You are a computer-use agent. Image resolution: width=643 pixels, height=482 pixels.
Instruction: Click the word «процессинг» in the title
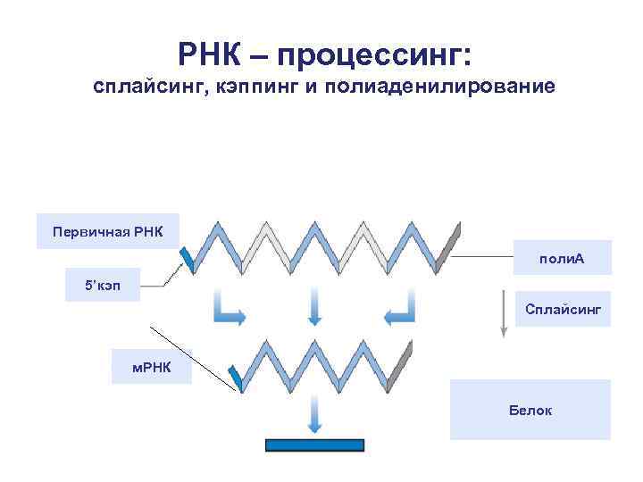pos(373,56)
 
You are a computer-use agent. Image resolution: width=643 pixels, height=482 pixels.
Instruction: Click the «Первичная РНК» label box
pos(107,232)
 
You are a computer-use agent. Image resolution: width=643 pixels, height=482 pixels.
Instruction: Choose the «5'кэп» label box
pos(103,285)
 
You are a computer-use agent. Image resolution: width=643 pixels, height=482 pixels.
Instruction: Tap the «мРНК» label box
pos(151,367)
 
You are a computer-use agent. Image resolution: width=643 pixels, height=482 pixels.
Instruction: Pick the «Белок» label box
pos(530,410)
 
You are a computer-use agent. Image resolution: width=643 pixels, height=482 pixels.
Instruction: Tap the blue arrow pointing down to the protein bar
pos(315,417)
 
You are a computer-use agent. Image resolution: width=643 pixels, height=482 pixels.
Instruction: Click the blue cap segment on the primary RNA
pos(188,258)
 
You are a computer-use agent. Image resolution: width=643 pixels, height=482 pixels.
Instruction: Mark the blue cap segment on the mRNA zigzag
pos(236,378)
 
